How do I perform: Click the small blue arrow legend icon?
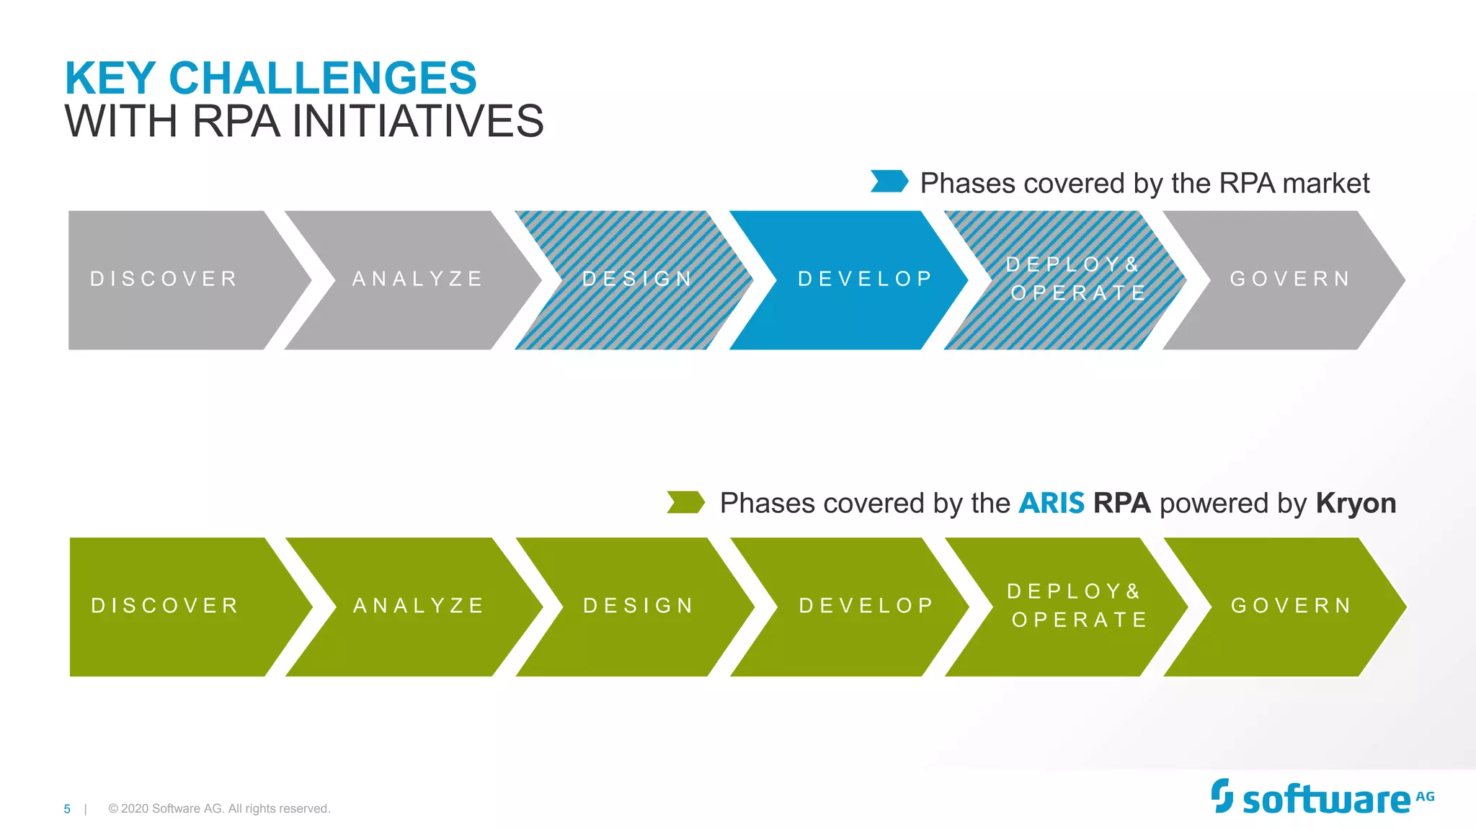click(x=889, y=182)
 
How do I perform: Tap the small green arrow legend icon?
click(x=685, y=502)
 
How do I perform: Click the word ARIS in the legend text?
click(x=1051, y=503)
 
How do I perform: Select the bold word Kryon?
click(x=1356, y=503)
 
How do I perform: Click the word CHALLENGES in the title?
click(x=322, y=78)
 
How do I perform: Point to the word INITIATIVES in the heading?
click(x=418, y=121)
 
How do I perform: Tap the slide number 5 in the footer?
click(x=67, y=809)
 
